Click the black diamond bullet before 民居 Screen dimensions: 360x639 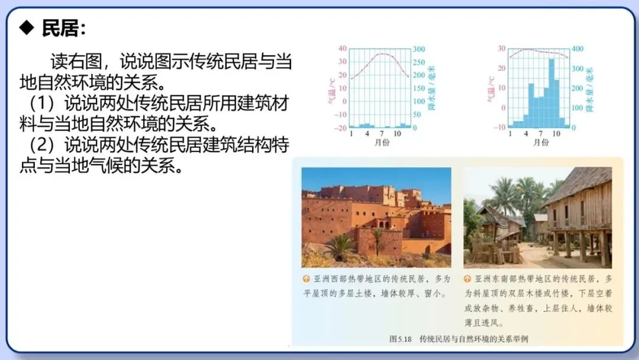[x=27, y=27]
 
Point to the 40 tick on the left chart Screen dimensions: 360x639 [x=342, y=49]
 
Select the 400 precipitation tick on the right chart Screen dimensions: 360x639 [x=577, y=49]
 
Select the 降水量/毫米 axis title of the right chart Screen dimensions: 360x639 [x=589, y=89]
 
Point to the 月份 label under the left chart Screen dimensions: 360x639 [x=382, y=143]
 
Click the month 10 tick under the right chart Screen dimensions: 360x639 [x=556, y=134]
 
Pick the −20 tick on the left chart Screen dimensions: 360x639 [x=341, y=128]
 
